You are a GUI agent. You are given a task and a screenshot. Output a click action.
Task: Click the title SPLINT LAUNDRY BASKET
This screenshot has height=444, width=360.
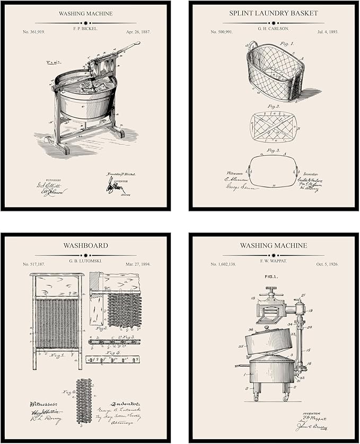click(274, 13)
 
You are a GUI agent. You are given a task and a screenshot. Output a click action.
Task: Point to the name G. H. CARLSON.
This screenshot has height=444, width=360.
click(274, 32)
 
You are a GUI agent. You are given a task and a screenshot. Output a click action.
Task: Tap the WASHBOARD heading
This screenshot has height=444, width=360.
click(85, 245)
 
